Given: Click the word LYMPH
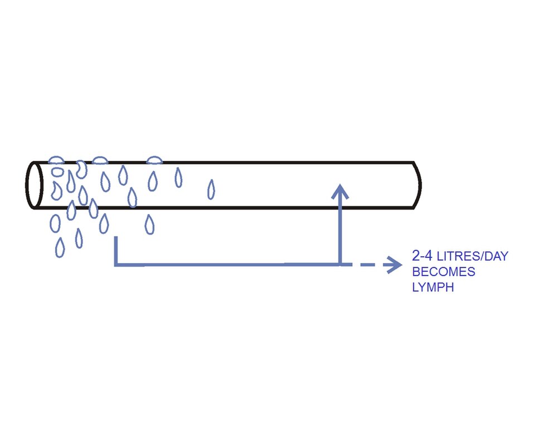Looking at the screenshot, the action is [433, 287].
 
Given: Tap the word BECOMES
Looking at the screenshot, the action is [444, 272].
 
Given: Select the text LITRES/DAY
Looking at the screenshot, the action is [473, 256].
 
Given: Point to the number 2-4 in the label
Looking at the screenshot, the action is [422, 256].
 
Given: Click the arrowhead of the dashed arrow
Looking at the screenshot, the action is [396, 265].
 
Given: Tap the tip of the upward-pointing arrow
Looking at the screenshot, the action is [340, 184].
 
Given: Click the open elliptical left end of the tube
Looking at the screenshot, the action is [34, 184].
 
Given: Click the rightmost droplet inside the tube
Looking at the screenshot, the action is [211, 189].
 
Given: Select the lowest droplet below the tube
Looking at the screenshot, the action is [60, 247].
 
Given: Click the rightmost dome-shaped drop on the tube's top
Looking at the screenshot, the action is [154, 160].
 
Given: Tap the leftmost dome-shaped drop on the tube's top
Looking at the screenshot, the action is [56, 160].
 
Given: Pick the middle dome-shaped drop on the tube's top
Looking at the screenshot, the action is [100, 160].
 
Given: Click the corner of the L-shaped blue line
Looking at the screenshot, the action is [116, 264].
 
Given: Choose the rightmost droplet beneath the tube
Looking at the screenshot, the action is [149, 224].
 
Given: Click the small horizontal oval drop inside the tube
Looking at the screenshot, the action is [57, 172].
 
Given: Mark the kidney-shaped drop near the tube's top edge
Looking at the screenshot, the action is [81, 169].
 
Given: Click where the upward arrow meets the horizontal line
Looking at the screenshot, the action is [340, 264].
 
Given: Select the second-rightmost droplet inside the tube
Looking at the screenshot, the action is [178, 177].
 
